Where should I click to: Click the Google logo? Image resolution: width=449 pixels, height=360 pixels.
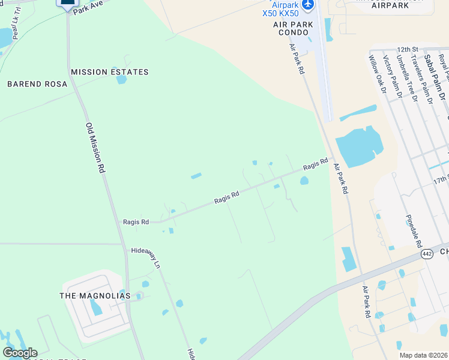tap(20, 353)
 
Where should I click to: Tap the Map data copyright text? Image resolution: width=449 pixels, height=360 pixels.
tap(424, 355)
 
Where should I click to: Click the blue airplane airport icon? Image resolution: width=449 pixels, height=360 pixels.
tap(308, 4)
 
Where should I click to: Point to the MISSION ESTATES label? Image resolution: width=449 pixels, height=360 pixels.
tap(109, 72)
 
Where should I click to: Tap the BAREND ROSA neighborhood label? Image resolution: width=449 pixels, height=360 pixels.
tap(37, 84)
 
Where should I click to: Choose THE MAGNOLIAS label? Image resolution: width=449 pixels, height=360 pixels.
tap(95, 296)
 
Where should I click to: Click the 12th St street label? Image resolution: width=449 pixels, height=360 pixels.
tap(407, 49)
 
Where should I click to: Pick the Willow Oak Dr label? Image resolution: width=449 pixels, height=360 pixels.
tap(378, 74)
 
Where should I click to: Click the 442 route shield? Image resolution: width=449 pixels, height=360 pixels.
tap(427, 254)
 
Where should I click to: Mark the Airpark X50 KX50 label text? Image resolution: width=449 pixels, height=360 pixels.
tap(280, 9)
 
